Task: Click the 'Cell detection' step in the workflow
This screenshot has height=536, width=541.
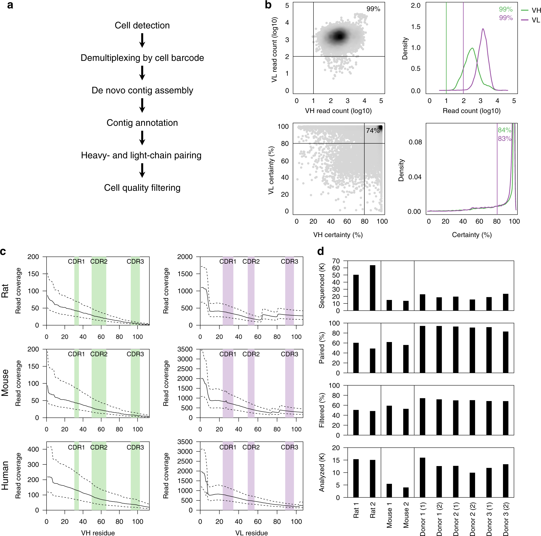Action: (142, 25)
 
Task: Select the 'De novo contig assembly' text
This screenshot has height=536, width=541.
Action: (142, 90)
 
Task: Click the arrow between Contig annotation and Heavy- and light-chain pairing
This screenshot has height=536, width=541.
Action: (142, 138)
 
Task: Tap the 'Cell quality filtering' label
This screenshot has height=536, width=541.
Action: (142, 188)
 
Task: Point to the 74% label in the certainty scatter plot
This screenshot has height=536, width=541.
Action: (373, 130)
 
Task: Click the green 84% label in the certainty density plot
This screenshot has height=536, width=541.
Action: (504, 130)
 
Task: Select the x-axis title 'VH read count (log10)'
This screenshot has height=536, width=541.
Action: (338, 111)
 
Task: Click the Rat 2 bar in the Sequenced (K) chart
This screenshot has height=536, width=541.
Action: (373, 288)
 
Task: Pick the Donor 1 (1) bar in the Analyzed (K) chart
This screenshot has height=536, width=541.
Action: (422, 478)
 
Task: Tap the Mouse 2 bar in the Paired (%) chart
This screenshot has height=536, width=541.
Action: (406, 359)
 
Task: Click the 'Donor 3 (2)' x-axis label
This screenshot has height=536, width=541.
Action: (506, 519)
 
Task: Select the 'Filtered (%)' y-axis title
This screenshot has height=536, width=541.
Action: (322, 410)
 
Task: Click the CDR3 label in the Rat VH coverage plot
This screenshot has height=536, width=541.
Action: (135, 261)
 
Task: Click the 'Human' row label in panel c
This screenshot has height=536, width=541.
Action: (5, 475)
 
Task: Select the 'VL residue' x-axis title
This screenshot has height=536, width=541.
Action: (251, 533)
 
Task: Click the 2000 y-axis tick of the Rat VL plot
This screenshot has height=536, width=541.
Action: (185, 257)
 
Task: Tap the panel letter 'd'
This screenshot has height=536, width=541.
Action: (321, 252)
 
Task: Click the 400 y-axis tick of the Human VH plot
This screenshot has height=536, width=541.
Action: (33, 450)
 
